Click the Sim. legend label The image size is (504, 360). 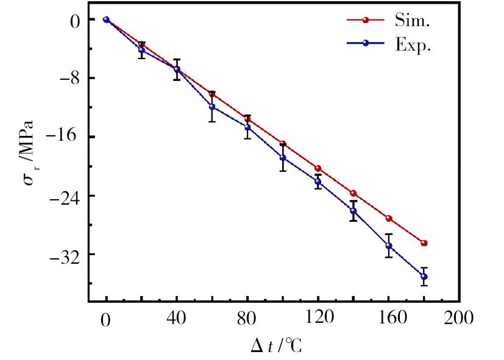(x=415, y=20)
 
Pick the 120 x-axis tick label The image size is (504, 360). (x=318, y=318)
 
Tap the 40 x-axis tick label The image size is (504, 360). (x=177, y=318)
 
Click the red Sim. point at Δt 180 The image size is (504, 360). (x=424, y=243)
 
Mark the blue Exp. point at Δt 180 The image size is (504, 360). (x=424, y=277)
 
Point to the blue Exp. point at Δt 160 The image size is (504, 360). (x=389, y=246)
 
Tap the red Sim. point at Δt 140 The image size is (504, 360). (x=353, y=194)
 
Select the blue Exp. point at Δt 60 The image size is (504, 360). (x=212, y=107)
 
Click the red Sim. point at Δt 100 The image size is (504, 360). (x=283, y=144)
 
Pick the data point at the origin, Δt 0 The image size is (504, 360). (x=106, y=19)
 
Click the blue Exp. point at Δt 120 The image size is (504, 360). (x=318, y=182)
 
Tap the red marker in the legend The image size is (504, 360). (x=366, y=20)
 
